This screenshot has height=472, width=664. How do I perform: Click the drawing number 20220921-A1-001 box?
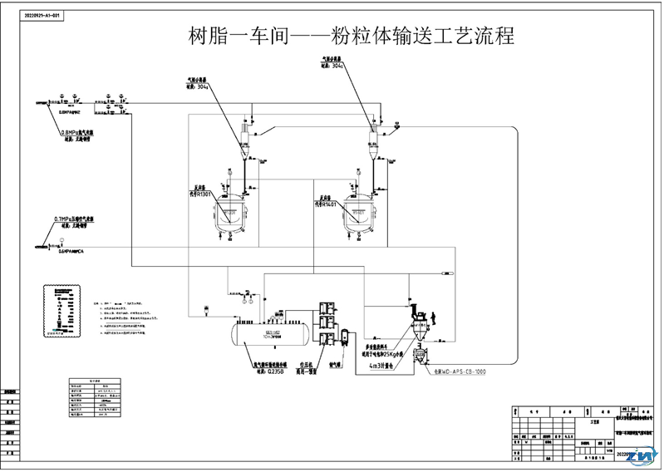pyautogui.click(x=42, y=16)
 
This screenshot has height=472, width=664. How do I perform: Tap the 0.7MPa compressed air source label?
pyautogui.click(x=75, y=219)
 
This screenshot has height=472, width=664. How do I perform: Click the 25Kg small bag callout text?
pyautogui.click(x=382, y=351)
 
